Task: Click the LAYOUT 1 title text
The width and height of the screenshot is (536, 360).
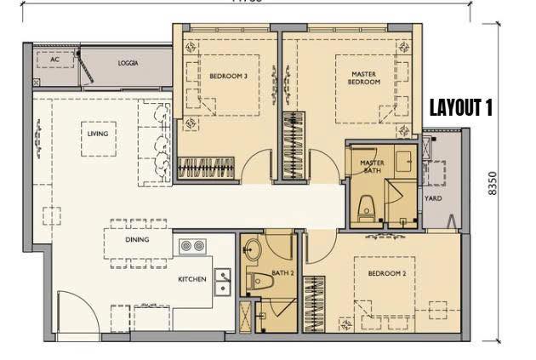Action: coord(460,108)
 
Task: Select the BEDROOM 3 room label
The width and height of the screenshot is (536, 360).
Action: coord(228,77)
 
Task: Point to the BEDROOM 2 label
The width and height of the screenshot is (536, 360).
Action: coord(386,273)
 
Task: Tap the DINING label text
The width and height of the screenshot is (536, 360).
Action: coord(137,240)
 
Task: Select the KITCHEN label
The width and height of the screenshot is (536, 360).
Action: coord(191,280)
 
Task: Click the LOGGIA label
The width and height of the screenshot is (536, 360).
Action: coord(128,63)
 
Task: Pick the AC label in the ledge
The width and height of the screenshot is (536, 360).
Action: coord(54,60)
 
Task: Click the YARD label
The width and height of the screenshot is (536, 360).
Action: coord(432,198)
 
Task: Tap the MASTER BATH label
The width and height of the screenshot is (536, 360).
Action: coord(373,166)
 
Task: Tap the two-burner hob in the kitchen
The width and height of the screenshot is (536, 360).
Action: coord(193,246)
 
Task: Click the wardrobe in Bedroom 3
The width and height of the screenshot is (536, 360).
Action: coord(207,169)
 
